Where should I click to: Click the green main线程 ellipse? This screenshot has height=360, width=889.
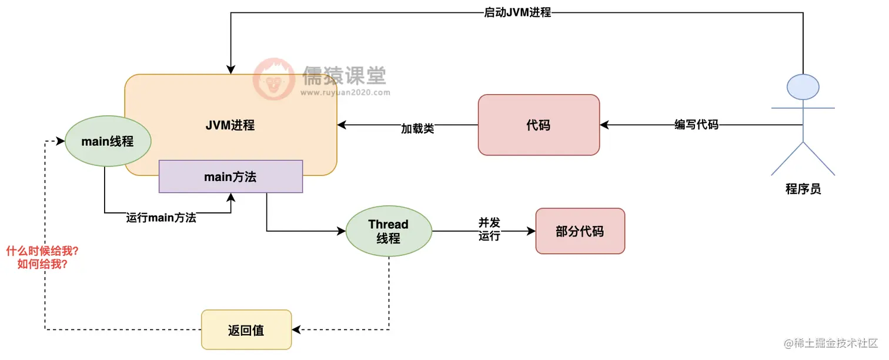click(x=108, y=141)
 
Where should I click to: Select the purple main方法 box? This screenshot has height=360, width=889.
click(x=230, y=176)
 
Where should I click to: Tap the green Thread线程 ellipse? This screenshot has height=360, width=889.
click(x=389, y=232)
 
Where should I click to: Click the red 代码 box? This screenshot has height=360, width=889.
click(x=539, y=125)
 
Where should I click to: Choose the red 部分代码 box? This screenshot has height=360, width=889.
click(x=580, y=231)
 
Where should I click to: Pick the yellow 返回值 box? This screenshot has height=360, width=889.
click(x=246, y=330)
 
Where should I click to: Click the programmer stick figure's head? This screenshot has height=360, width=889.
click(x=803, y=87)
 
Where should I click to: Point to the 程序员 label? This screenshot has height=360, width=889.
click(x=803, y=189)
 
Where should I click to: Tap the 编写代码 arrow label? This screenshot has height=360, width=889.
click(x=696, y=125)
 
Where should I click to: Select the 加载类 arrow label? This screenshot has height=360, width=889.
click(x=417, y=128)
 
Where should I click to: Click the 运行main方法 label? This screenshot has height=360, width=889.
click(x=161, y=218)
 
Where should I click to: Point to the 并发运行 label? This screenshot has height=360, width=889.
click(x=489, y=229)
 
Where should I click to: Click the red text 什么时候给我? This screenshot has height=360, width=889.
click(x=42, y=251)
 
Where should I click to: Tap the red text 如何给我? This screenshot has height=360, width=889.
click(x=42, y=264)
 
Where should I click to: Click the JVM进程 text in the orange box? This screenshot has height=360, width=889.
click(x=230, y=125)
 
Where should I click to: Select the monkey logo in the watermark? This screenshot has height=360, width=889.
click(x=274, y=79)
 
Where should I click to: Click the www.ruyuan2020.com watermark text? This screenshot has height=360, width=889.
click(x=345, y=92)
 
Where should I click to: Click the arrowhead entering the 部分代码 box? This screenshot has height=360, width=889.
click(x=532, y=231)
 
